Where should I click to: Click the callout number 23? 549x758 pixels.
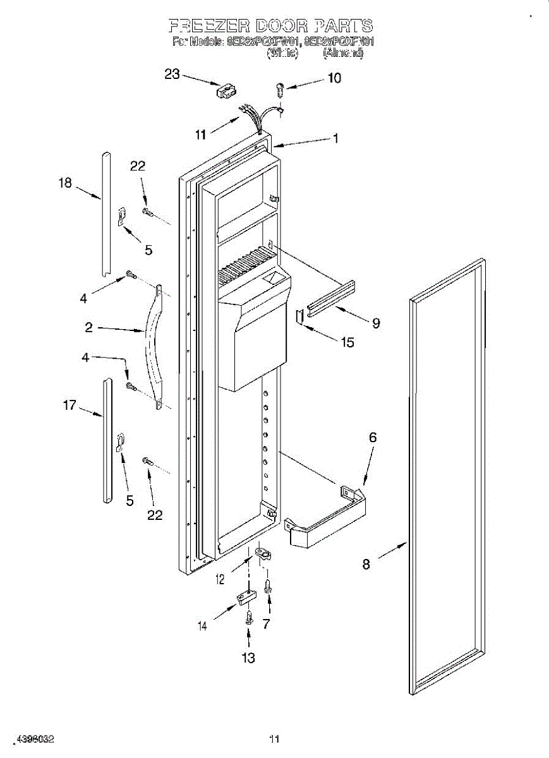click(x=172, y=75)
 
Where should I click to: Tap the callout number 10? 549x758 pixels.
click(x=334, y=78)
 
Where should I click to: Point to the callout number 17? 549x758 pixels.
click(x=69, y=405)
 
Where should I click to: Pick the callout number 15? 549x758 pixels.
click(x=347, y=342)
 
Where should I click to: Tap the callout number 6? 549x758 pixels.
click(x=373, y=437)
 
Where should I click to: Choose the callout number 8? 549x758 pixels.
click(x=366, y=564)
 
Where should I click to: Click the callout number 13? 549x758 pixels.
click(x=249, y=658)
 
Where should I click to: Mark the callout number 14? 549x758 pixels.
click(x=203, y=627)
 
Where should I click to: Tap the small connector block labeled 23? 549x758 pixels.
click(x=226, y=92)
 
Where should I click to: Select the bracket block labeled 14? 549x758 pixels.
click(x=245, y=597)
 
